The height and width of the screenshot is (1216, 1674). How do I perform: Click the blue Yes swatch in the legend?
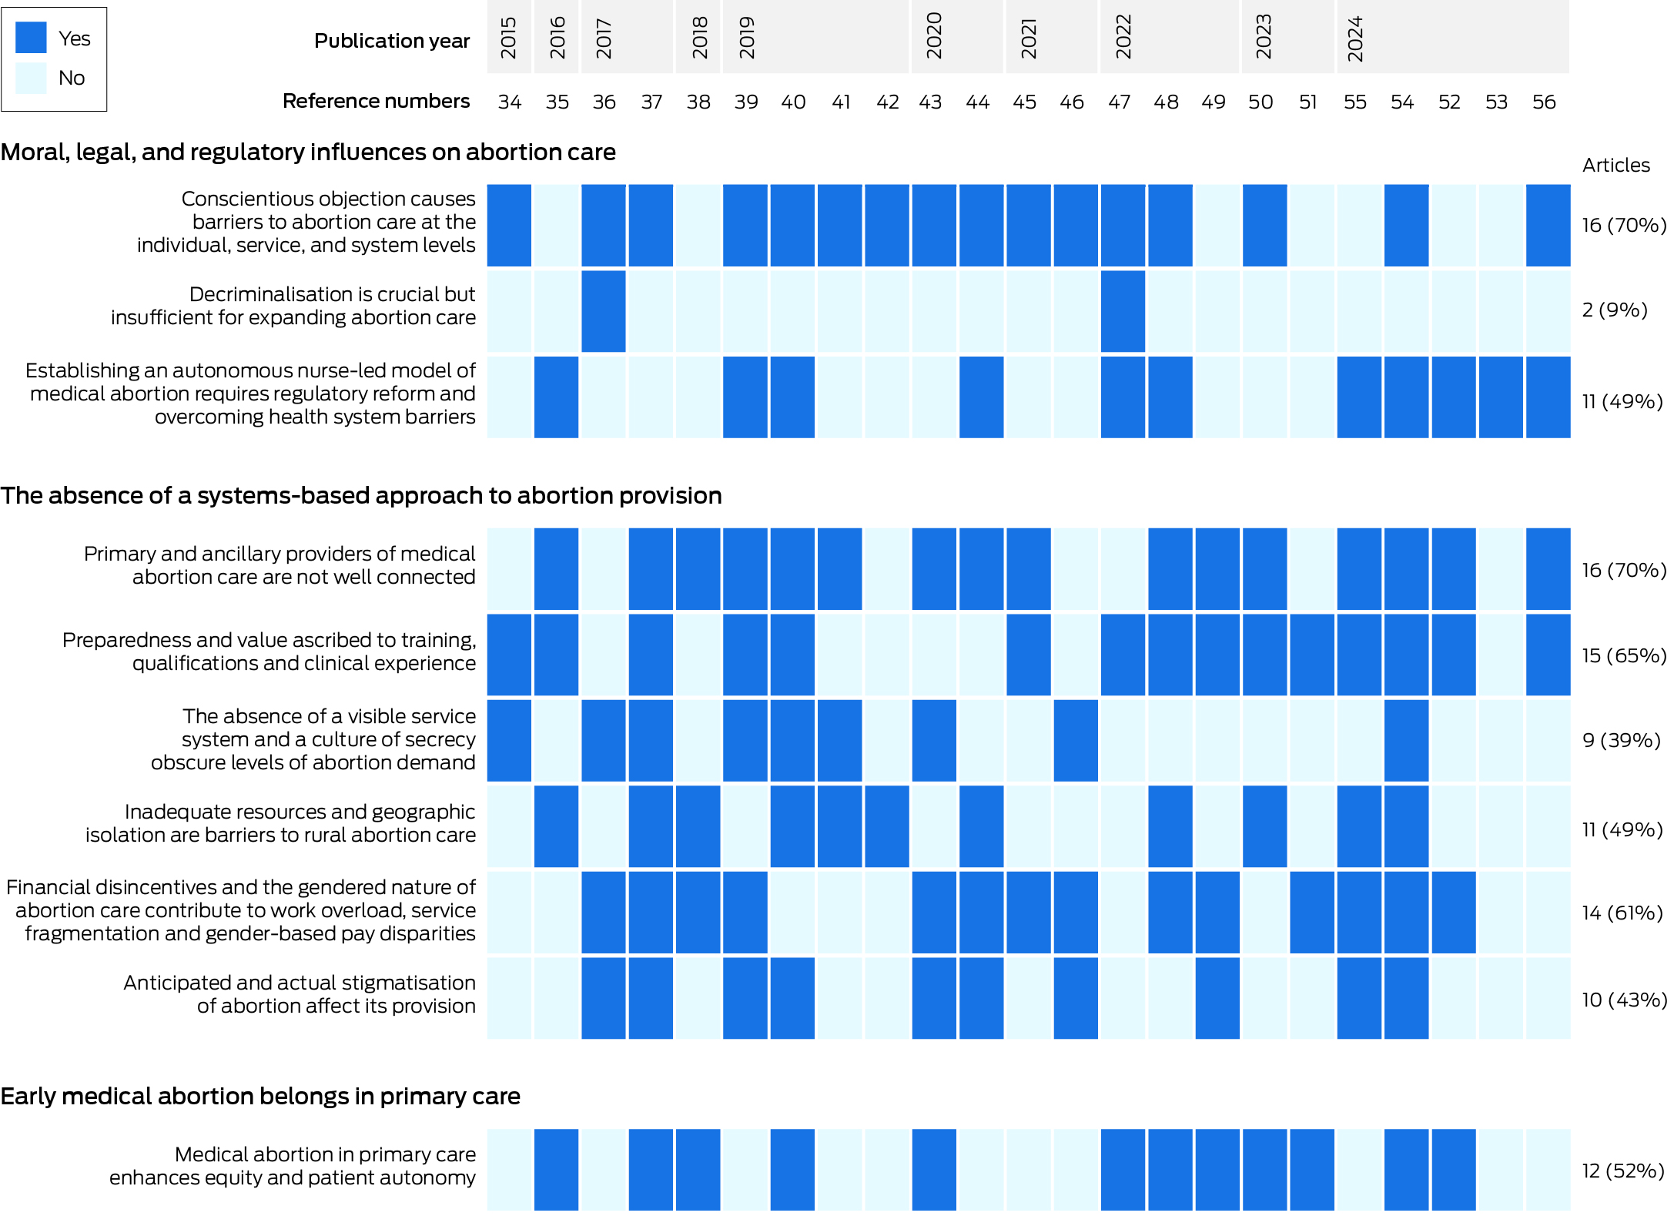(31, 38)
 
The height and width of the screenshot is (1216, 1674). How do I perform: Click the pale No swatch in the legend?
(31, 78)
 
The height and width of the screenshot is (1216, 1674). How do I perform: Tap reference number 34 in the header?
(510, 102)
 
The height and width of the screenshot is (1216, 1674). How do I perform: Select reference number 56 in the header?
(1544, 102)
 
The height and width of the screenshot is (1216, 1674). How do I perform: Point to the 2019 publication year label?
(746, 38)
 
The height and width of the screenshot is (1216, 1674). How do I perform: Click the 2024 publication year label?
(1355, 38)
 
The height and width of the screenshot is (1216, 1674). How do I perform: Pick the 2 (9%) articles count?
(1615, 310)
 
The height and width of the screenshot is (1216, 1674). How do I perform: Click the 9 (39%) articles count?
(1621, 740)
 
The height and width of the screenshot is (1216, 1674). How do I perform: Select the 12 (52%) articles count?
(1622, 1171)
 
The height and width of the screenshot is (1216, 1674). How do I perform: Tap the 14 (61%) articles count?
(1622, 913)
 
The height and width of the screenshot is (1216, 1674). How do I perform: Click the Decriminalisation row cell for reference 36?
(604, 311)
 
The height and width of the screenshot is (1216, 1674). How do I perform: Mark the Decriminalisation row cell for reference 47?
(1123, 311)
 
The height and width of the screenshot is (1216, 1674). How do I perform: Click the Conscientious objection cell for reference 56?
(1548, 225)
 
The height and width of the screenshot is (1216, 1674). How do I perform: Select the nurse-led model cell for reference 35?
(556, 397)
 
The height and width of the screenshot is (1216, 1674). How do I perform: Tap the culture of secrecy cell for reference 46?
(1076, 740)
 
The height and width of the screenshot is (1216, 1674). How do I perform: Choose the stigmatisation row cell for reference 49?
(1217, 998)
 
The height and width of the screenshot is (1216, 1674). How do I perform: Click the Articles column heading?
(1615, 165)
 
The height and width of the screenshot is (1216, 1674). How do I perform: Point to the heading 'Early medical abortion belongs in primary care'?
(260, 1096)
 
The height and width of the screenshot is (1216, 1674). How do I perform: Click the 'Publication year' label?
(392, 41)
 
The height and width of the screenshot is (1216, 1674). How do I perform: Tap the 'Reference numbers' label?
(376, 101)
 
